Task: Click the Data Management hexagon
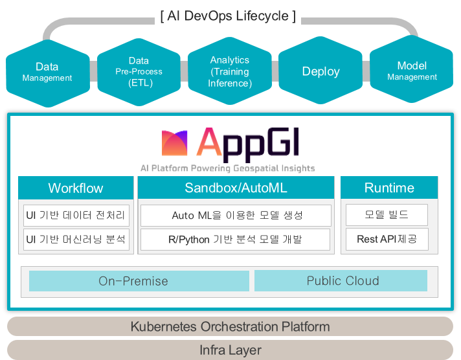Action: pos(48,73)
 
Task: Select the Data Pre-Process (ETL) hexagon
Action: pos(139,72)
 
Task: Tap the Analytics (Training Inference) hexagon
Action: pos(230,71)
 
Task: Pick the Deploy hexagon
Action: pos(320,71)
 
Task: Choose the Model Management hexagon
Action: pos(412,69)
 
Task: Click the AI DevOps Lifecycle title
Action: pos(228,16)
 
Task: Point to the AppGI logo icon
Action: pos(174,143)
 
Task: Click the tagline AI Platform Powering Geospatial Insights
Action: pos(227,168)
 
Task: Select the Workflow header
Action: pos(76,188)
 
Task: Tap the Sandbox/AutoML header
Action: pos(236,188)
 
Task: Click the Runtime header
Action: pos(389,188)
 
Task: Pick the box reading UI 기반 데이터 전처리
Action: pos(76,216)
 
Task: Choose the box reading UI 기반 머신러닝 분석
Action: pos(76,240)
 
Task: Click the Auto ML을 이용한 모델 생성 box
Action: pos(236,216)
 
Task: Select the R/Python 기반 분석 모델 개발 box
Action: pos(235,240)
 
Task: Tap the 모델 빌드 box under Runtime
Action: pos(387,215)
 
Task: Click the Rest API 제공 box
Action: pos(387,239)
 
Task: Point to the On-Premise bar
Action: pos(139,281)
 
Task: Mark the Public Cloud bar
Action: pos(341,280)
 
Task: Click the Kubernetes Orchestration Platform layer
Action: pos(231,326)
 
